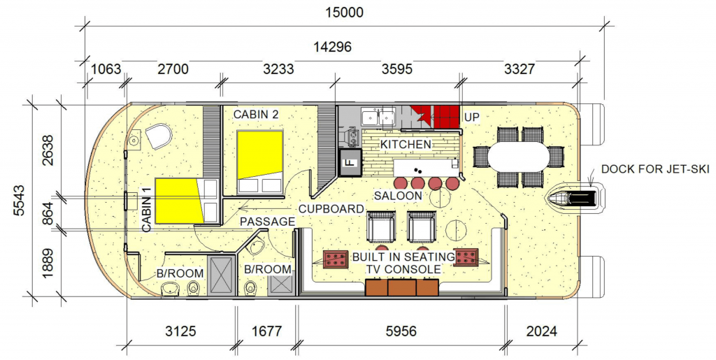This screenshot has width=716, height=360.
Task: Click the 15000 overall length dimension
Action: [344, 12]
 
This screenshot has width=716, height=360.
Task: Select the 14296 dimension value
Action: [332, 47]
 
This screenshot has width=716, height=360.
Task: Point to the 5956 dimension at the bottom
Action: [401, 331]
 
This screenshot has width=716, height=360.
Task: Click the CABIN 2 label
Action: [256, 114]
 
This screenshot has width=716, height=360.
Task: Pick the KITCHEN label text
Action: [406, 145]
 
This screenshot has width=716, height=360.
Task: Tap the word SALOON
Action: [398, 196]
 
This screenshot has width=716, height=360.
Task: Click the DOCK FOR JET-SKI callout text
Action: [655, 169]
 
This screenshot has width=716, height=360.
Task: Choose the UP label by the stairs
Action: [472, 117]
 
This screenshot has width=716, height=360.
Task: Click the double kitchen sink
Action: [378, 117]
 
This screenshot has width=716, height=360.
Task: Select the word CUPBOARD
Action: [331, 209]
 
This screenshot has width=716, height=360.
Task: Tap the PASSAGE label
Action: [268, 222]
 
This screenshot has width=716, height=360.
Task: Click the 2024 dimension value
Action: [542, 331]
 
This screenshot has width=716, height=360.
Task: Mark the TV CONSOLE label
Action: [403, 269]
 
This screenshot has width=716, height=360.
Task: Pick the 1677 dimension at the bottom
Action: [266, 331]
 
